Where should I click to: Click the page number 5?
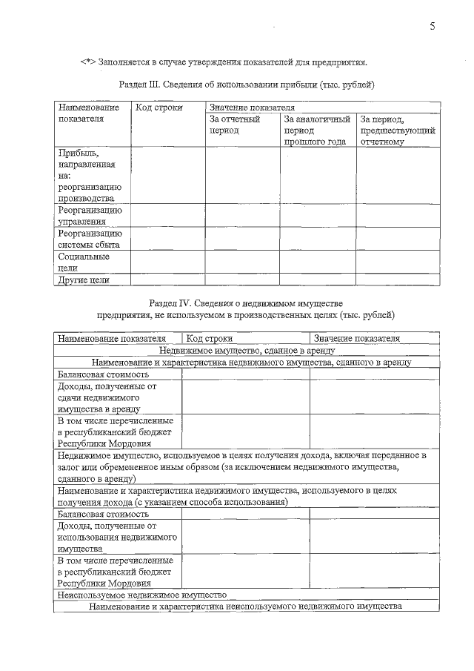[432, 27]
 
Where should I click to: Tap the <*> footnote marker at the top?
[88, 62]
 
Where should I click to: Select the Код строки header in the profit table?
[155, 108]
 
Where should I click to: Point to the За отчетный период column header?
[235, 125]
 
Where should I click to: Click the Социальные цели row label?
[74, 262]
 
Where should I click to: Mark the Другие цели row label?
[84, 280]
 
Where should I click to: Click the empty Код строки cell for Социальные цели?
[167, 262]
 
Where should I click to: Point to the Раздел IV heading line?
[246, 303]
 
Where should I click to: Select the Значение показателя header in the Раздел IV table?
[356, 338]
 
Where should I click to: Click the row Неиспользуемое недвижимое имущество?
[141, 595]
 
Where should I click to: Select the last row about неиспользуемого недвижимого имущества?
[245, 606]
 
